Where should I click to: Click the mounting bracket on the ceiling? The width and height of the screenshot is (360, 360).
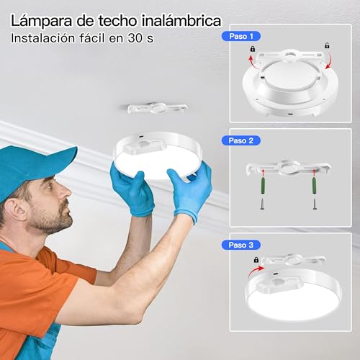click(157, 108)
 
